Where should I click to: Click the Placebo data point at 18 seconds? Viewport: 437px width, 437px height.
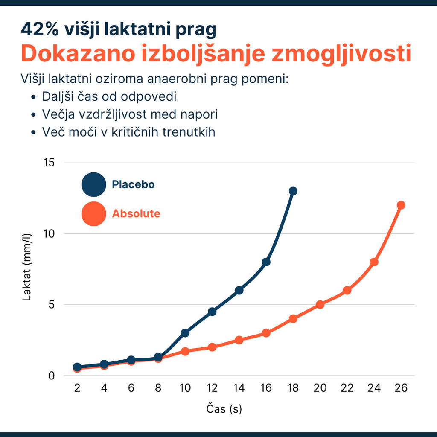coord(293,191)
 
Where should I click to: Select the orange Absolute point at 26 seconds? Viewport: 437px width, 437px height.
coord(401,205)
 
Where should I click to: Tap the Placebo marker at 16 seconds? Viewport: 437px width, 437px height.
coord(266,262)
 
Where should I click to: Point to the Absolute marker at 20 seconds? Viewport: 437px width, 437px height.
coord(320,304)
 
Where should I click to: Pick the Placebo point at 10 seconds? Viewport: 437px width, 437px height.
coord(185,333)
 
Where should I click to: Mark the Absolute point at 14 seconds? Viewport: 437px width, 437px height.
coord(239,340)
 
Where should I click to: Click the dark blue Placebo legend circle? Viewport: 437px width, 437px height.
coord(93,184)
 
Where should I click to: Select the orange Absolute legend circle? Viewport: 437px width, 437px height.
coord(93,214)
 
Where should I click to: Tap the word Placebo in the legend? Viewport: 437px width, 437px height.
coord(133,184)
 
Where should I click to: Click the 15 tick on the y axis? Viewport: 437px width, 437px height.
coord(49,163)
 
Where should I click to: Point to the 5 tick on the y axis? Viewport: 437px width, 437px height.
coord(52,305)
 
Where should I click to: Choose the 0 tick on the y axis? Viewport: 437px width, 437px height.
coord(52,376)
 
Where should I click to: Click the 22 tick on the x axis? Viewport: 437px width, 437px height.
coord(347,388)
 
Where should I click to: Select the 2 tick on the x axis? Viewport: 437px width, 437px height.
coord(77,388)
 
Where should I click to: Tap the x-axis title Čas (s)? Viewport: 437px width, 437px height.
coord(224,409)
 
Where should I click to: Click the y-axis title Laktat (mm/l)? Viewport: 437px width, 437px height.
coord(27,267)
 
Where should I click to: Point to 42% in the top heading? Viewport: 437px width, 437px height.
coord(40,29)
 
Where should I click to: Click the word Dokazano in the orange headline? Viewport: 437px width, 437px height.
coord(78,53)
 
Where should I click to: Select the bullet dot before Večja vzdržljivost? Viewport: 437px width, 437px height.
coord(33,114)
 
